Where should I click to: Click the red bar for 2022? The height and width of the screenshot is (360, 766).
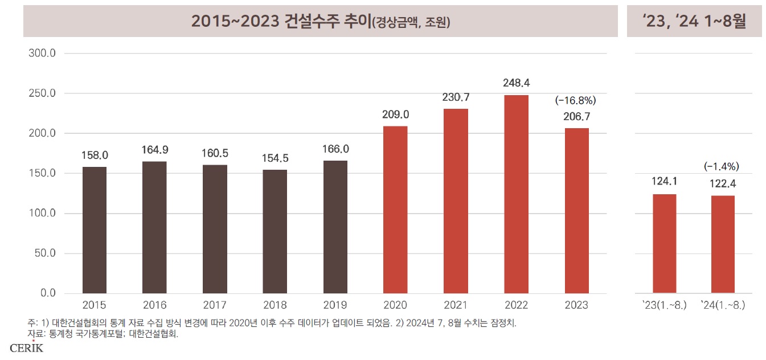click(516, 194)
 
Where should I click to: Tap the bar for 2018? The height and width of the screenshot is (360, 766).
click(275, 231)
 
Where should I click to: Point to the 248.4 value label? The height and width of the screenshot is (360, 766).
click(516, 83)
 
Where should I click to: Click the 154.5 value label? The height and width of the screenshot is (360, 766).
click(275, 158)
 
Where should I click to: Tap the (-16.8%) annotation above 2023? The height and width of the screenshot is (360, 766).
click(576, 101)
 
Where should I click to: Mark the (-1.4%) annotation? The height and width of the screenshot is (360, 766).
click(722, 167)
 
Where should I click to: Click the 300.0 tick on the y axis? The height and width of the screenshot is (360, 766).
click(42, 54)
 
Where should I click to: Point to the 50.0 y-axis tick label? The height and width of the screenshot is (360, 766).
click(44, 253)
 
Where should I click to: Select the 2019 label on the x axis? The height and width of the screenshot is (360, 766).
click(335, 305)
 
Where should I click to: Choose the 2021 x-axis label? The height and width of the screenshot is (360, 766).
click(456, 305)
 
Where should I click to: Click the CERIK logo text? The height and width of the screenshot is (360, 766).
click(27, 348)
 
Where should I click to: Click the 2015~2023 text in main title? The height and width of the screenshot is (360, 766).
click(235, 21)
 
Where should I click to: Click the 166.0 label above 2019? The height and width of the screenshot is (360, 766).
click(335, 149)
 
